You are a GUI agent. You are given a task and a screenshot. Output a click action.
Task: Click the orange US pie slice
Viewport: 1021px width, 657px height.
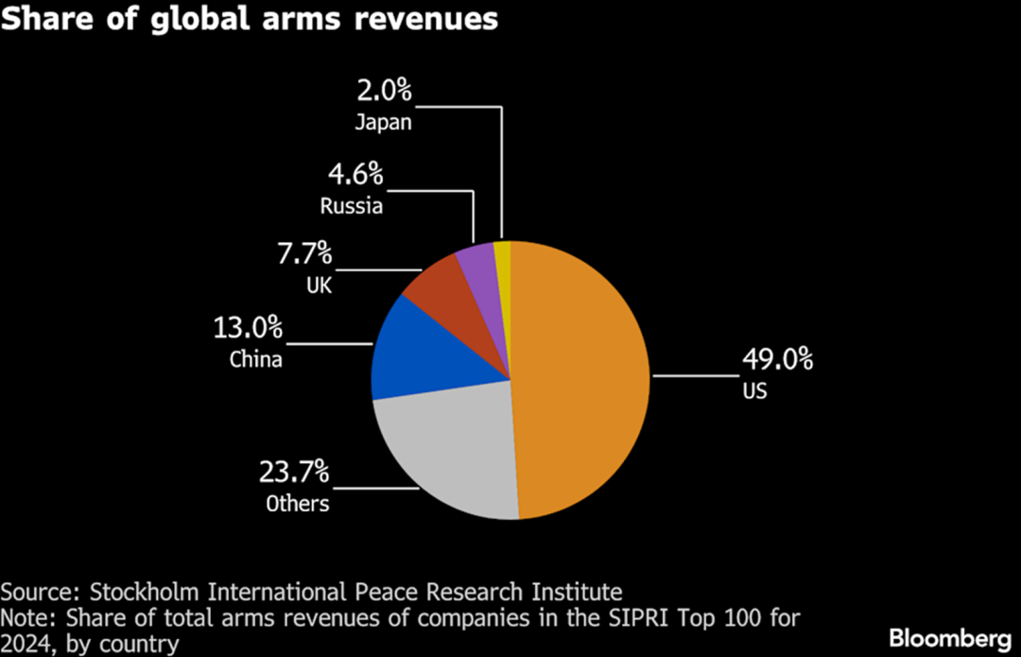[x=581, y=378]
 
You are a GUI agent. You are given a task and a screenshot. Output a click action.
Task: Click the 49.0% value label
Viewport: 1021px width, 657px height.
[x=776, y=359]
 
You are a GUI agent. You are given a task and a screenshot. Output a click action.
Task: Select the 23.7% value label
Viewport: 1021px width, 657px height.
[x=294, y=471]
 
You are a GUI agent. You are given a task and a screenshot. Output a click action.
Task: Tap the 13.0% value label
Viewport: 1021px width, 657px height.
[x=249, y=328]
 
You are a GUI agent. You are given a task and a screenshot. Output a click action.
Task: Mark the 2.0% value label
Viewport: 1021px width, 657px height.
[x=384, y=91]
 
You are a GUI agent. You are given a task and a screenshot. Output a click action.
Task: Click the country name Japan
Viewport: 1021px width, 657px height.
[x=384, y=122]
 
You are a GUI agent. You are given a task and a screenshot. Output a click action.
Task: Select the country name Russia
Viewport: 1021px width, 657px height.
[x=351, y=205]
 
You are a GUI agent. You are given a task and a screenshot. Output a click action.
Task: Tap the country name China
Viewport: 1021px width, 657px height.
[x=255, y=359]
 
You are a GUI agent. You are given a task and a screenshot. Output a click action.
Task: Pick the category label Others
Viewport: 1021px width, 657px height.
[x=297, y=503]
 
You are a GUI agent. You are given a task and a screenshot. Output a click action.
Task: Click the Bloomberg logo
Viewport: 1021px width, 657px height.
[x=948, y=635]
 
